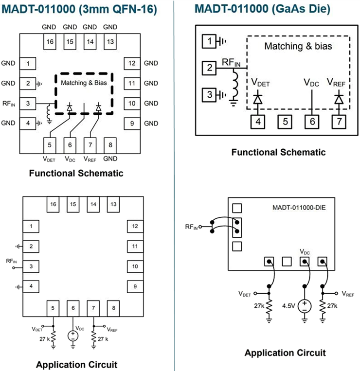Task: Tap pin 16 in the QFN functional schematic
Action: pyautogui.click(x=50, y=42)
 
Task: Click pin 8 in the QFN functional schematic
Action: pyautogui.click(x=110, y=144)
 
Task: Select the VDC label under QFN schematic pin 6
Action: pyautogui.click(x=71, y=159)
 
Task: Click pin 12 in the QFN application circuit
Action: pyautogui.click(x=135, y=226)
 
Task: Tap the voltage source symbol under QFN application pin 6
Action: pyautogui.click(x=73, y=335)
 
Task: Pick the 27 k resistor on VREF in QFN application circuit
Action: pyautogui.click(x=93, y=336)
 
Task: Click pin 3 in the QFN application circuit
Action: pyautogui.click(x=31, y=266)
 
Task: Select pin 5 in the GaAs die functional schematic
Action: pyautogui.click(x=286, y=121)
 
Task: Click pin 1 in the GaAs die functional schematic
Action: pyautogui.click(x=210, y=42)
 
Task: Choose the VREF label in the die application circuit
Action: pyautogui.click(x=347, y=294)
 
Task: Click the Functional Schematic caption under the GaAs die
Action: pyautogui.click(x=278, y=152)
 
